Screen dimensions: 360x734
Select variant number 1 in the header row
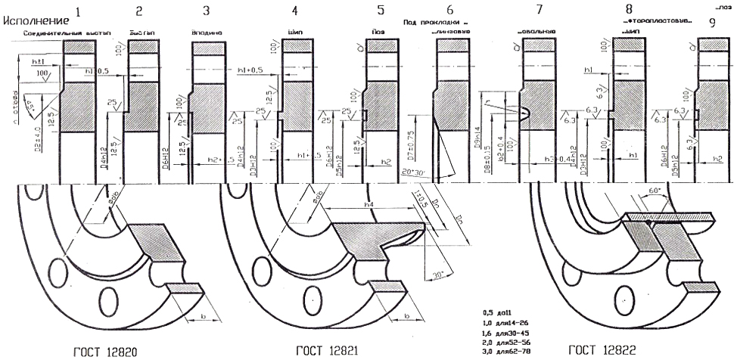[x=79, y=11]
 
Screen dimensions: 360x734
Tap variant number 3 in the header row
[x=206, y=11]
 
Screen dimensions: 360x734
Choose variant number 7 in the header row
[x=539, y=10]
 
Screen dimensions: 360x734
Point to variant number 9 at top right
[x=712, y=23]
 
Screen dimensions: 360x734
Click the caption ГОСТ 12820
[x=104, y=351]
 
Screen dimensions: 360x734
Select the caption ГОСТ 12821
[x=327, y=351]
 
